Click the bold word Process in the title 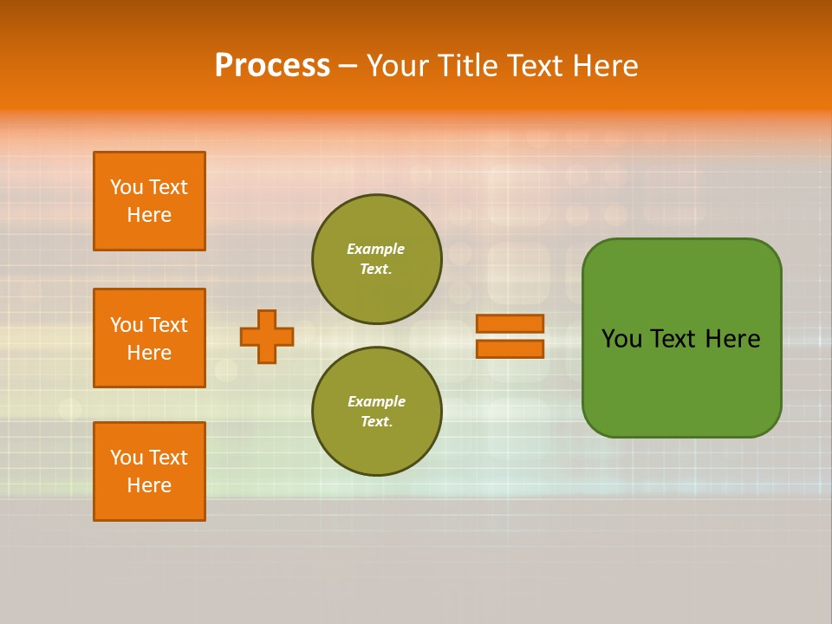(x=272, y=66)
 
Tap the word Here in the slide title (x=606, y=66)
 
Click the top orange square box (x=149, y=201)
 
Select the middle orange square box (x=149, y=338)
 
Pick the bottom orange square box (x=149, y=471)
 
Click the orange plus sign (x=267, y=336)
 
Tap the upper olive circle (x=377, y=259)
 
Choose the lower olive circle (x=377, y=412)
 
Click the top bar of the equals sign (x=510, y=323)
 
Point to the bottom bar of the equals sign (x=510, y=348)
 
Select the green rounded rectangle (x=681, y=338)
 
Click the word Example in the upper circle (x=375, y=249)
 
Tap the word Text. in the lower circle (x=376, y=422)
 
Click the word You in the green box (x=621, y=339)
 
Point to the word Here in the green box (x=732, y=339)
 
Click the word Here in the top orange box (x=149, y=215)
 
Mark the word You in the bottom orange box (x=127, y=458)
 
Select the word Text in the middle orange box (x=168, y=325)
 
